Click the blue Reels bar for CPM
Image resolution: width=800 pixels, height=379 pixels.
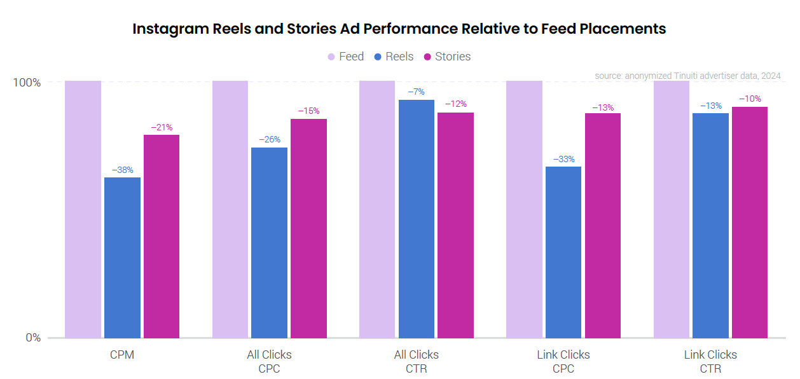click(122, 258)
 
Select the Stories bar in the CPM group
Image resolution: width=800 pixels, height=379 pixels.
click(162, 236)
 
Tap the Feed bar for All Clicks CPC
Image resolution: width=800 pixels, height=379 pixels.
click(230, 209)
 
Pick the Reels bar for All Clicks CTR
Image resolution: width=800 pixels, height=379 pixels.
click(417, 219)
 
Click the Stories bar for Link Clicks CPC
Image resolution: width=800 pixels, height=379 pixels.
click(603, 225)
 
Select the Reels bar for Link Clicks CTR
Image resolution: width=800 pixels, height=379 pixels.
click(710, 225)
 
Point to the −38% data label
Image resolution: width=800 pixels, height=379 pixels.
click(122, 170)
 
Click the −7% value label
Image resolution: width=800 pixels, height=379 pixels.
click(417, 92)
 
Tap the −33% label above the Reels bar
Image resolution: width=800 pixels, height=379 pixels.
click(563, 159)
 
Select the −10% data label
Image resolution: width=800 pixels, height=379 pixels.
click(750, 99)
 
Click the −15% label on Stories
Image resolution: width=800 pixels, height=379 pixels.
click(308, 111)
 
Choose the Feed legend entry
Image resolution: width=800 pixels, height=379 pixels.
click(346, 57)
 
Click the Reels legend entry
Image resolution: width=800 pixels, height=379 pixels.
click(394, 57)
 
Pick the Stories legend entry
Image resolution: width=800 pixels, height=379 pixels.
click(448, 57)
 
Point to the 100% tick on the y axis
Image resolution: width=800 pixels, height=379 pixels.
click(27, 83)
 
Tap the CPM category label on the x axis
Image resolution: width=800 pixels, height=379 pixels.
click(122, 355)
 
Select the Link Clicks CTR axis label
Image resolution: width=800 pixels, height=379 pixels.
click(710, 361)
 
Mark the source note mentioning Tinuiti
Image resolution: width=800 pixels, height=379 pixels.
click(687, 76)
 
